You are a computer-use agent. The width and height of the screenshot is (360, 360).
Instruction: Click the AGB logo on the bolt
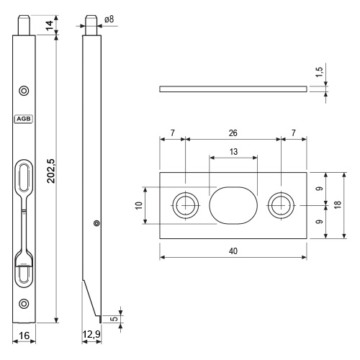coord(24,119)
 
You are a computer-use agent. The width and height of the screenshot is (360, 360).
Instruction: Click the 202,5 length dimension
coord(51,171)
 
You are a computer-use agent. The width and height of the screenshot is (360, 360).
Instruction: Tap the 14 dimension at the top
coord(50,25)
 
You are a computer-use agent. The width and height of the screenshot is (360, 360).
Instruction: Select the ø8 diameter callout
coord(109,19)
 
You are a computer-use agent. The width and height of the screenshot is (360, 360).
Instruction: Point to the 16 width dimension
coord(24,336)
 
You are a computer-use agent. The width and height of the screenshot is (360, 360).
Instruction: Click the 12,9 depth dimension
coord(91,334)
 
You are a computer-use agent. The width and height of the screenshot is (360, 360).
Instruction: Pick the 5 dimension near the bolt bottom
coord(115,319)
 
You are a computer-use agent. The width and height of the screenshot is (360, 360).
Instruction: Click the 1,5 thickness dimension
coord(320,72)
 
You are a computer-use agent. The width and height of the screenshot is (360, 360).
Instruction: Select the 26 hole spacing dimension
coord(233,132)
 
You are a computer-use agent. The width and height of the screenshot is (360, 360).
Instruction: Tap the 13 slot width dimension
coord(233,152)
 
